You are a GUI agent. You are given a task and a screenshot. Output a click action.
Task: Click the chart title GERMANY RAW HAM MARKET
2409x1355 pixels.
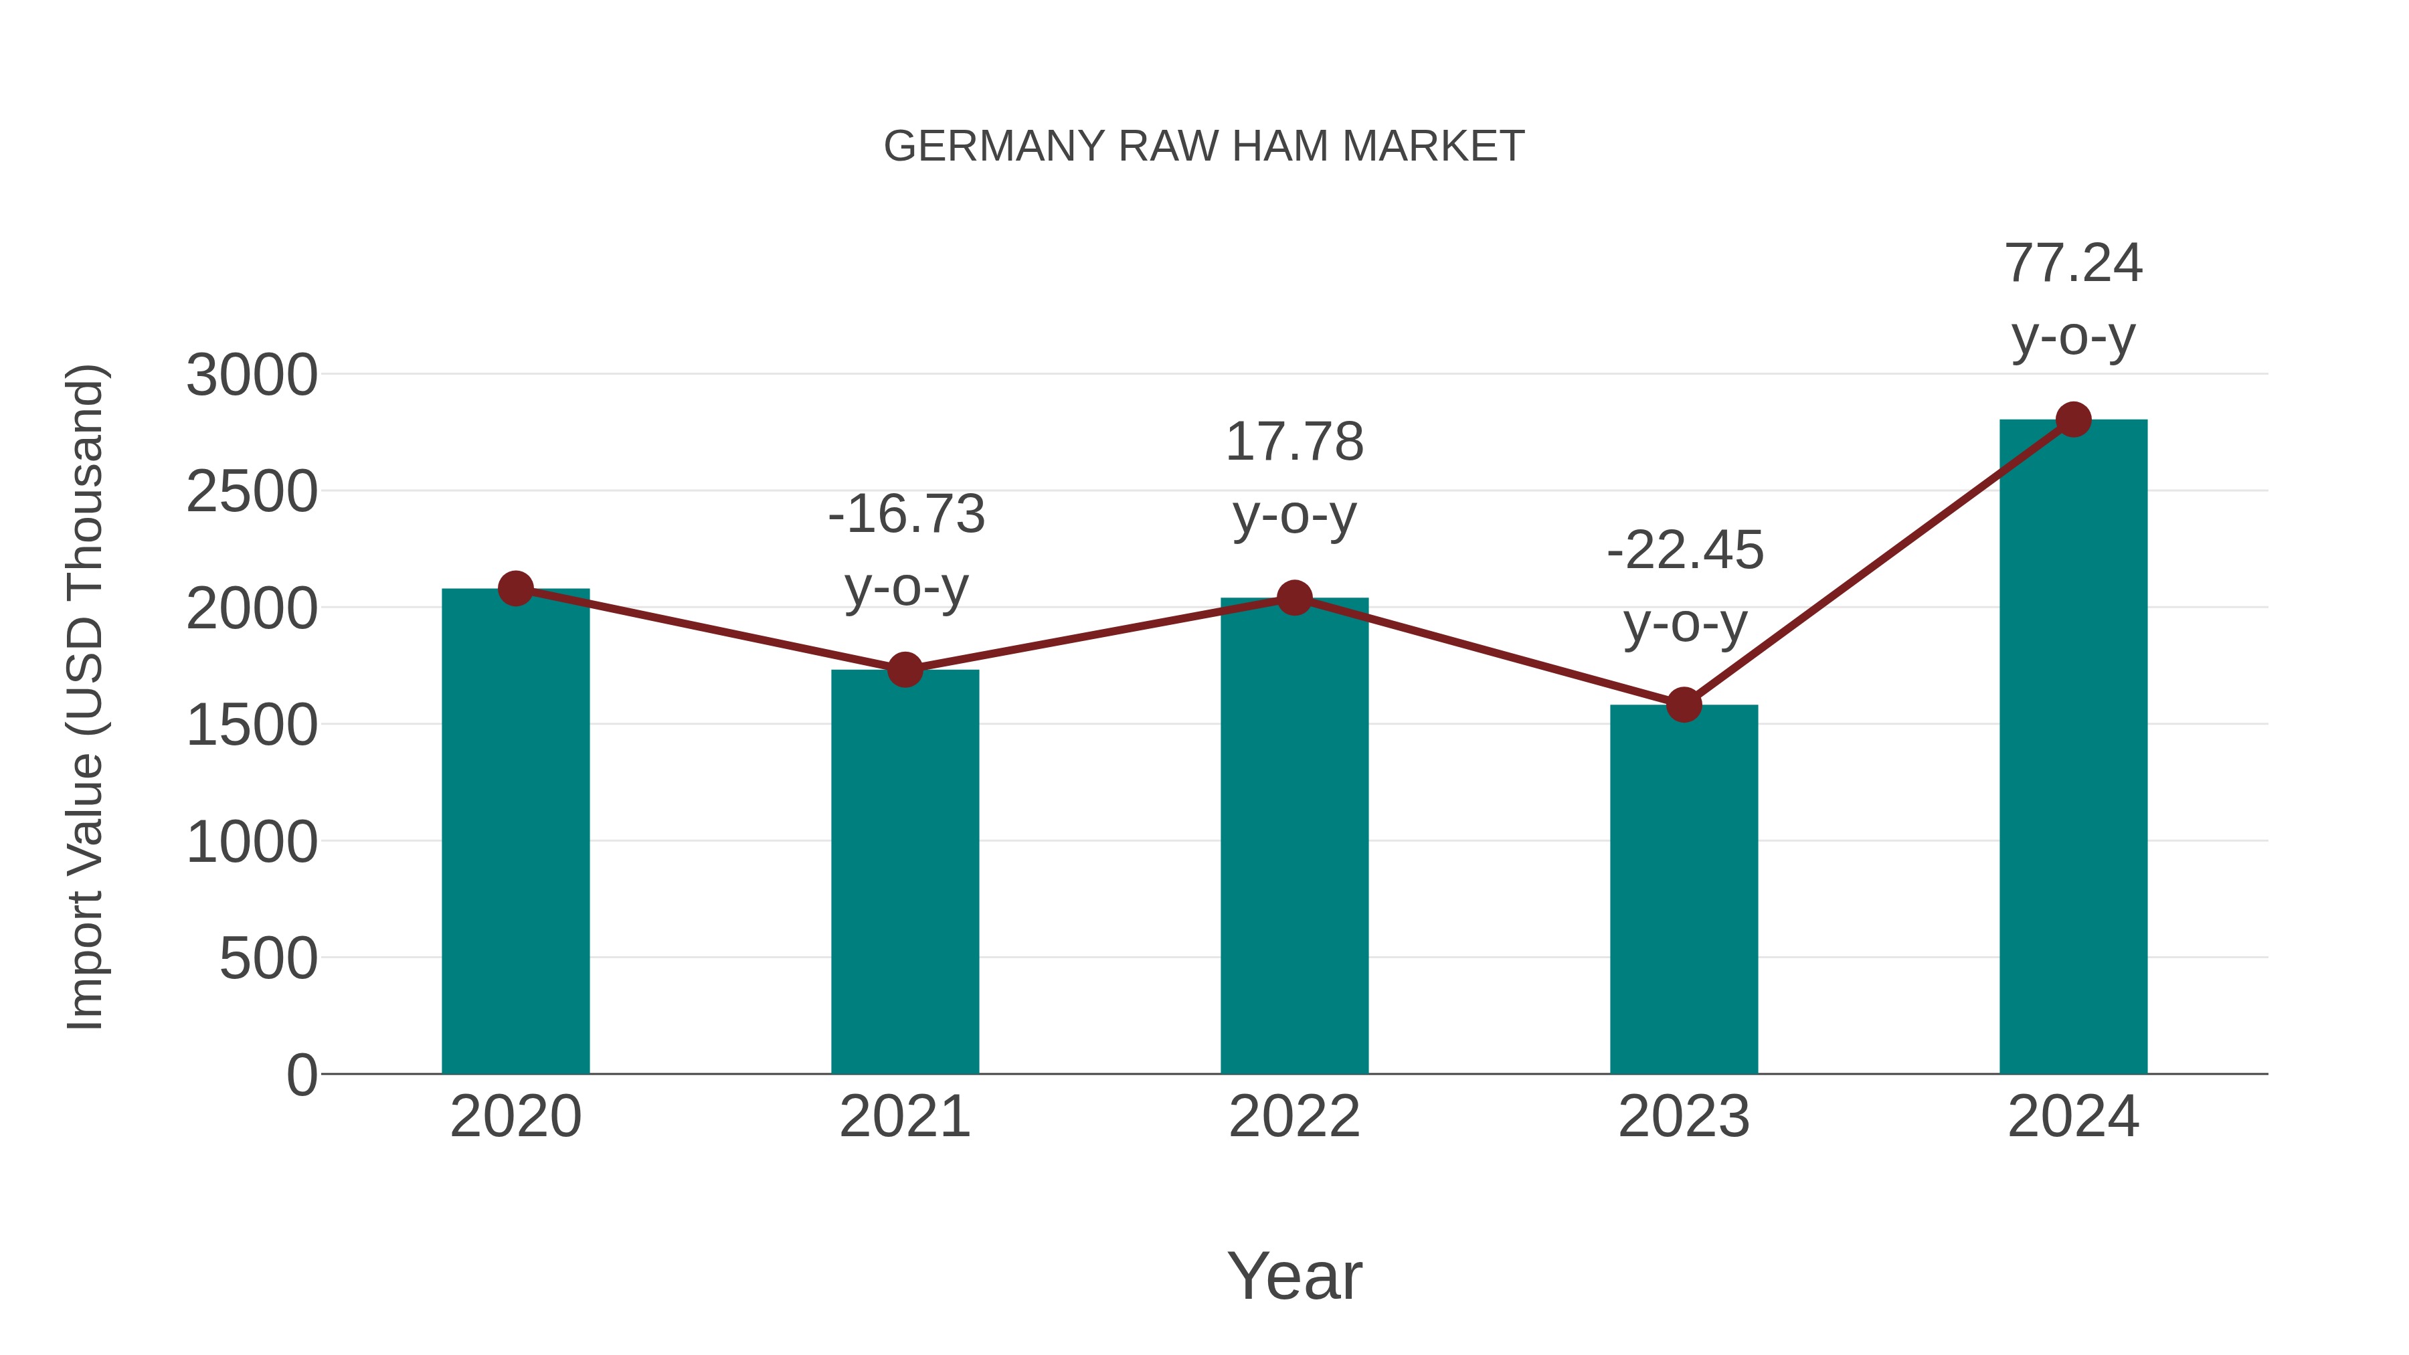pos(1204,147)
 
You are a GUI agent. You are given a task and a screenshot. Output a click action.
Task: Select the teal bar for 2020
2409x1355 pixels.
pos(515,832)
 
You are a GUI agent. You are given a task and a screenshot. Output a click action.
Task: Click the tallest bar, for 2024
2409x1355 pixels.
pos(2073,748)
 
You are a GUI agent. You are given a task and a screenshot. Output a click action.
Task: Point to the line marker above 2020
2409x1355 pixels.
pos(515,588)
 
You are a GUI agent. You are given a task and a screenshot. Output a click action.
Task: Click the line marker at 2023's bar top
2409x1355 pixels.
pos(1684,704)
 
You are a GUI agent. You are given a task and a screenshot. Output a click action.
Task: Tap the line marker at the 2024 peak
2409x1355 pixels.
pos(2073,419)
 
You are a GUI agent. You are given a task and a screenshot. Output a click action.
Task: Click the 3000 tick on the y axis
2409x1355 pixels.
pos(252,376)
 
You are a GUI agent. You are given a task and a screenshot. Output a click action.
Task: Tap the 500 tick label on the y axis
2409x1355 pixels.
pos(268,960)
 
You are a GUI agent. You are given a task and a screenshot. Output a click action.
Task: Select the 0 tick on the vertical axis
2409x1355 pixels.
pos(301,1075)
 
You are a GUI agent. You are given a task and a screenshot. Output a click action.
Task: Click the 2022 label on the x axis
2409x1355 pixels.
pos(1294,1117)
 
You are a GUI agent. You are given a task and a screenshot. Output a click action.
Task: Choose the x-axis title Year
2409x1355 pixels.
pos(1294,1277)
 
